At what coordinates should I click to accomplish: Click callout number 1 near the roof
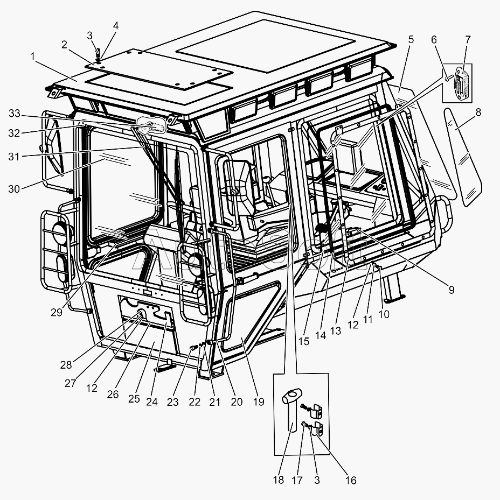point(33,56)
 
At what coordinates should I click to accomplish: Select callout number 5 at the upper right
point(411,39)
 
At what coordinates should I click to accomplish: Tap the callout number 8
point(478,112)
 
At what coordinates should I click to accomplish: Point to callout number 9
point(451,290)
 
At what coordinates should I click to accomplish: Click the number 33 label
point(15,113)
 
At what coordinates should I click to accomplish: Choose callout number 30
point(15,188)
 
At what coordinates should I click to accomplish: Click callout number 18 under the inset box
point(278,480)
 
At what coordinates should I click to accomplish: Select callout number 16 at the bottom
point(351,480)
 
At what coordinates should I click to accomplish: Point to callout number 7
point(467,39)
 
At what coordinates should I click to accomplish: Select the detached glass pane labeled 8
point(462,156)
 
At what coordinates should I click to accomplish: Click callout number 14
point(321,335)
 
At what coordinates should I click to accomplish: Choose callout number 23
point(172,402)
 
